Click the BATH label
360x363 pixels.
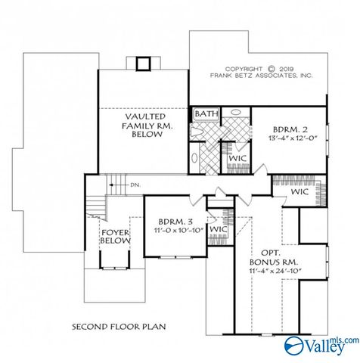(206, 114)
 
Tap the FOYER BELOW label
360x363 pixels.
(115, 236)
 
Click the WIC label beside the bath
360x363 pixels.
(238, 157)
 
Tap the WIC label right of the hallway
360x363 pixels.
(299, 192)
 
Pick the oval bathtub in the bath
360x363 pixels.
(194, 160)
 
